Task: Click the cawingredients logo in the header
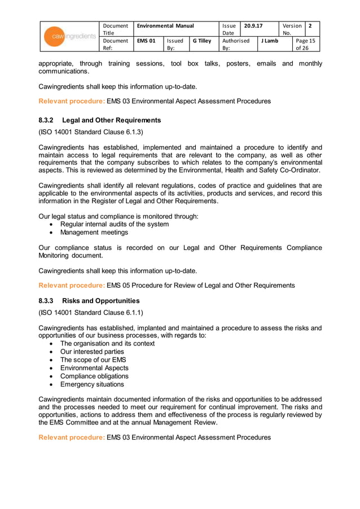click(x=71, y=37)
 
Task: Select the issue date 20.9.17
click(x=253, y=26)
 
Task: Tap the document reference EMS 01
click(x=146, y=41)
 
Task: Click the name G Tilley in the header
click(x=201, y=41)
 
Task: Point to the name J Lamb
click(x=269, y=41)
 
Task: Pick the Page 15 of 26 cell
click(x=305, y=44)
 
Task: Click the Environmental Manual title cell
click(x=165, y=26)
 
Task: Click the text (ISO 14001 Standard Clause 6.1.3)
click(x=90, y=132)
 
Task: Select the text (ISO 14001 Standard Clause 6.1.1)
click(x=90, y=313)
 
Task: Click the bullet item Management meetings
click(x=94, y=232)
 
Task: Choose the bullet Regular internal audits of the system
click(x=114, y=224)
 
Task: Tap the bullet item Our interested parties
click(x=92, y=352)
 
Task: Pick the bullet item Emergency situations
click(x=91, y=384)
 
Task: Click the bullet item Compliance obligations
click(x=94, y=376)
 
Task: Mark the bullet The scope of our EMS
click(x=93, y=359)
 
